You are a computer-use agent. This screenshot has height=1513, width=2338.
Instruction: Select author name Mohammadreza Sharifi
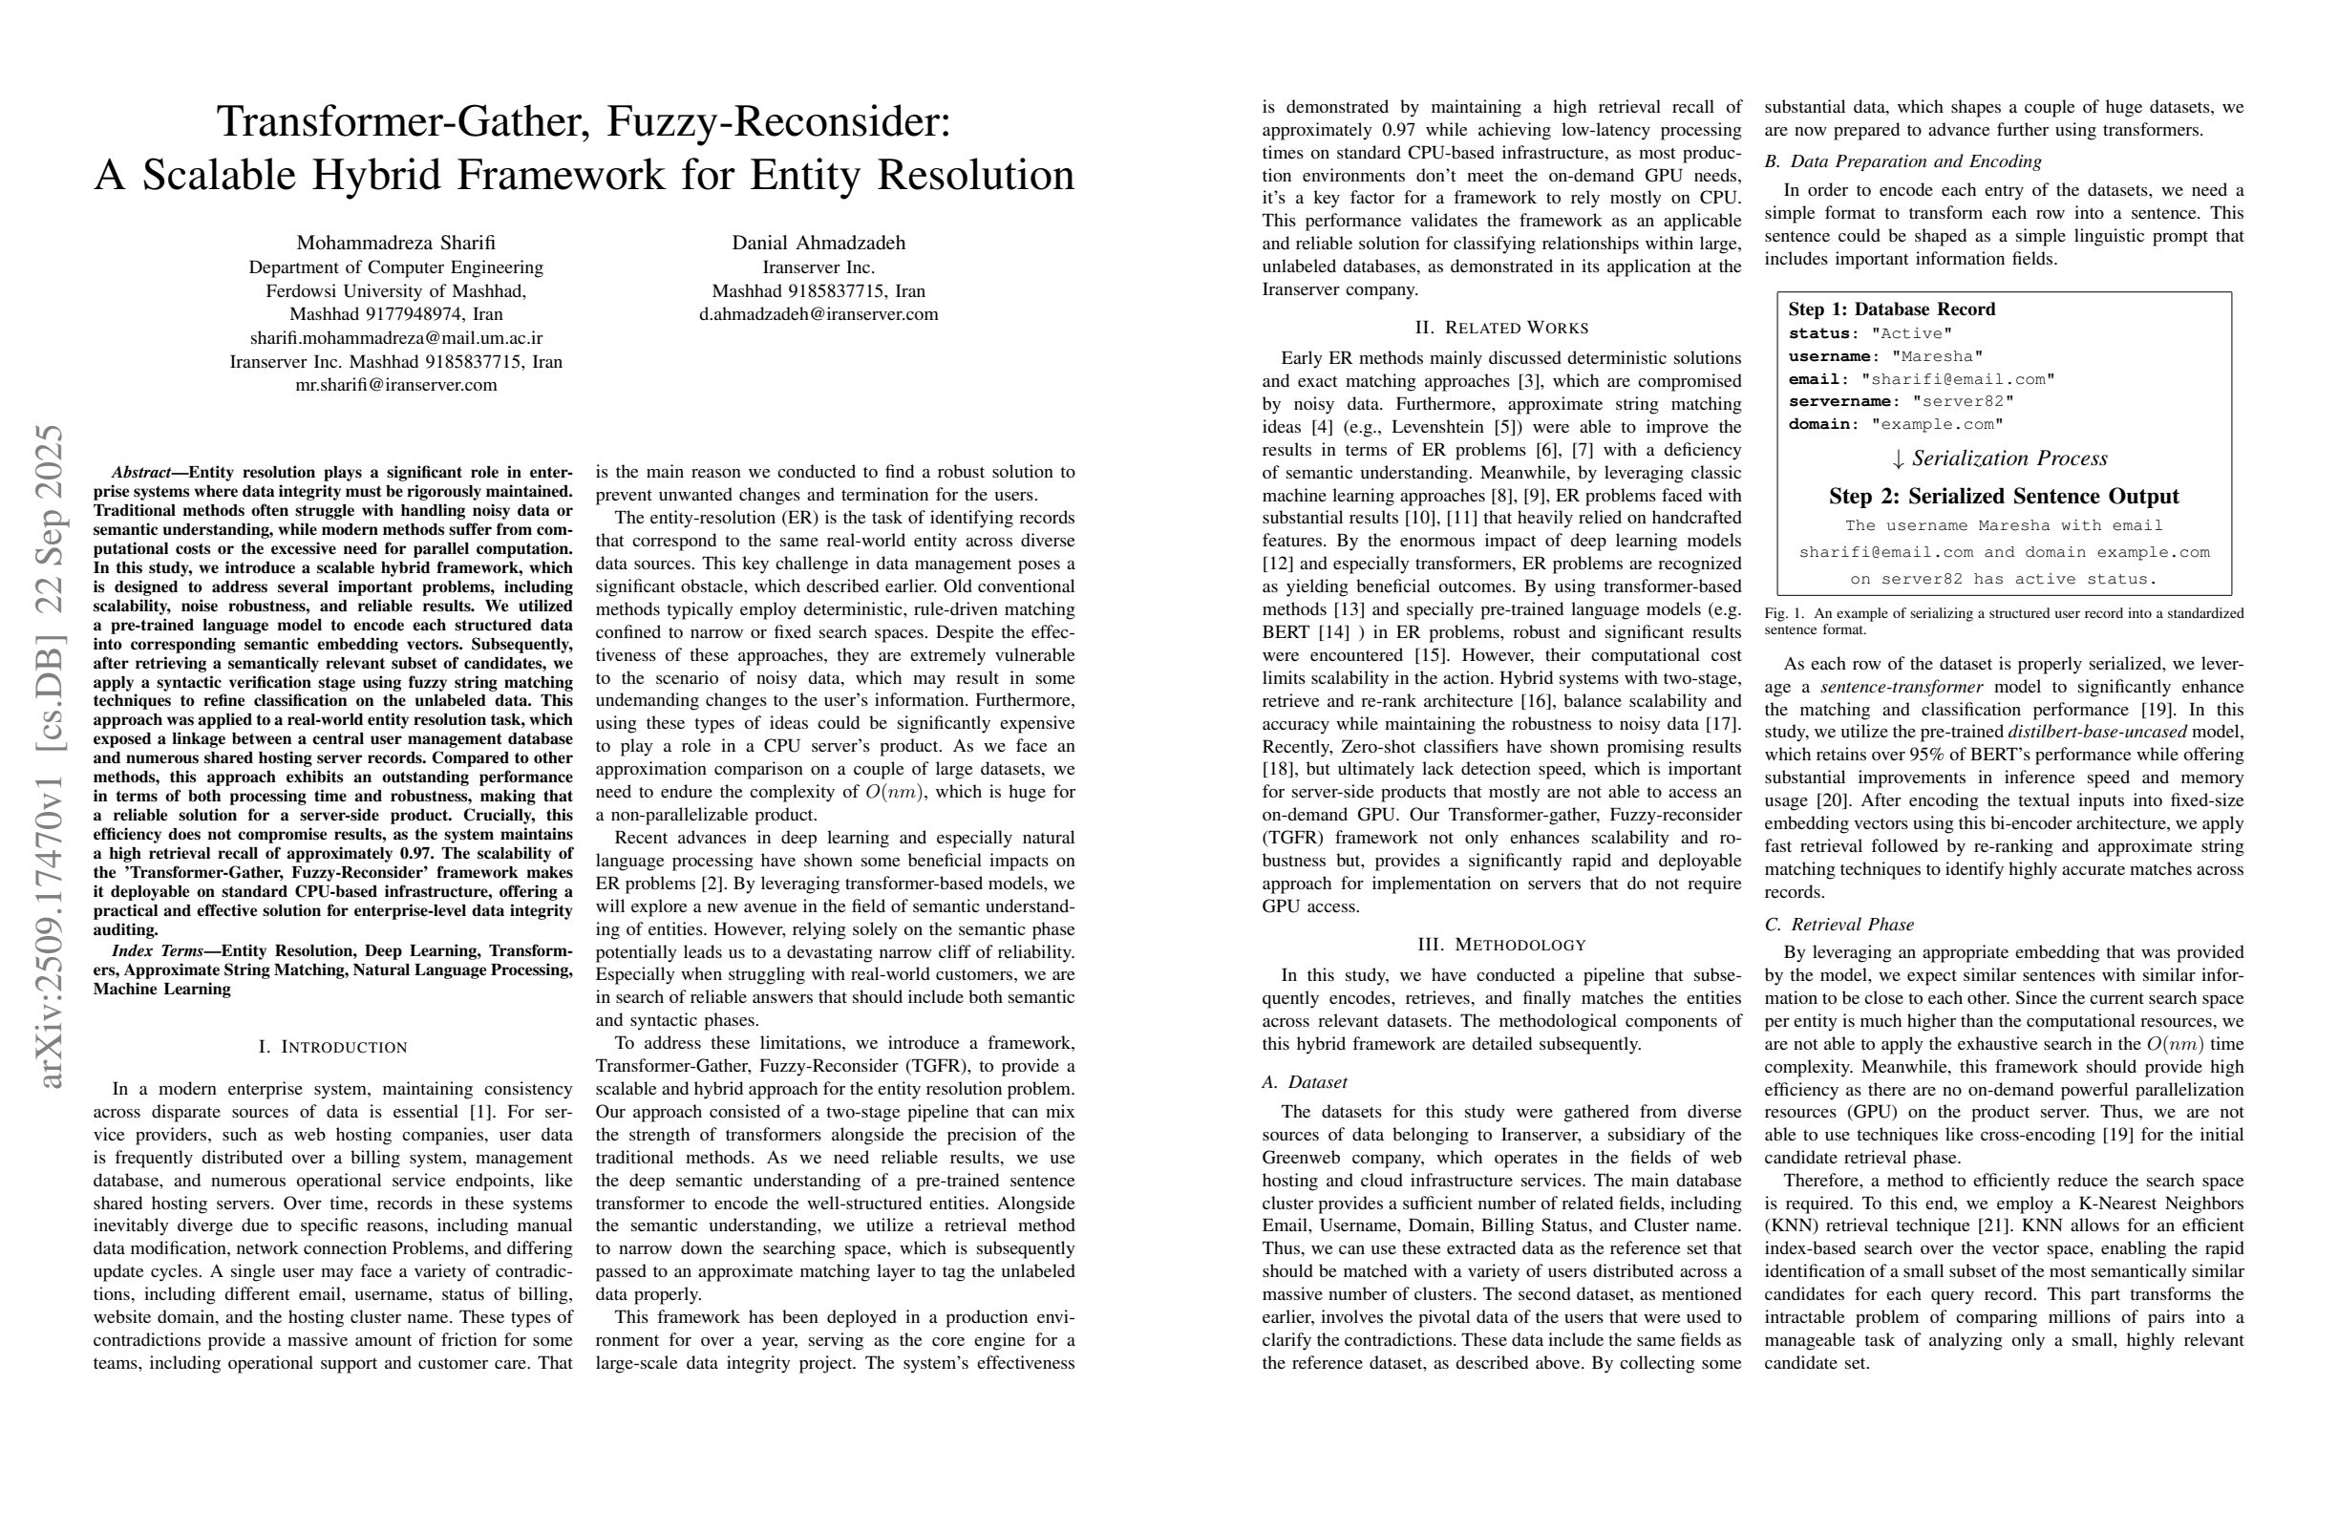tap(396, 243)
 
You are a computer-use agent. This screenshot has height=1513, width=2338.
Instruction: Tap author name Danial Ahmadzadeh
tap(818, 243)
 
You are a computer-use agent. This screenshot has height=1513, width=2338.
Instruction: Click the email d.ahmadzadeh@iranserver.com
tap(818, 314)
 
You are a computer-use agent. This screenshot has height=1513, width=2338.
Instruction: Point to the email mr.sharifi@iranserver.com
tap(396, 385)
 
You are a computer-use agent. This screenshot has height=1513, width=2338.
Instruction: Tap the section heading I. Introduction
tap(332, 1047)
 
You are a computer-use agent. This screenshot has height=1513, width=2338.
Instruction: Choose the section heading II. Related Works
tap(1501, 329)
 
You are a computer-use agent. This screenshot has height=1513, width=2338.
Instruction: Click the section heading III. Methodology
tap(1501, 945)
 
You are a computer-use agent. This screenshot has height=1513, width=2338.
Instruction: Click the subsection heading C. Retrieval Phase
tap(1839, 925)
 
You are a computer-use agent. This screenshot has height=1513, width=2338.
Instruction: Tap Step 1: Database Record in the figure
tap(1891, 309)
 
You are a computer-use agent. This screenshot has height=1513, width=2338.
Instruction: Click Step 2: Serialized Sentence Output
tap(2003, 496)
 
